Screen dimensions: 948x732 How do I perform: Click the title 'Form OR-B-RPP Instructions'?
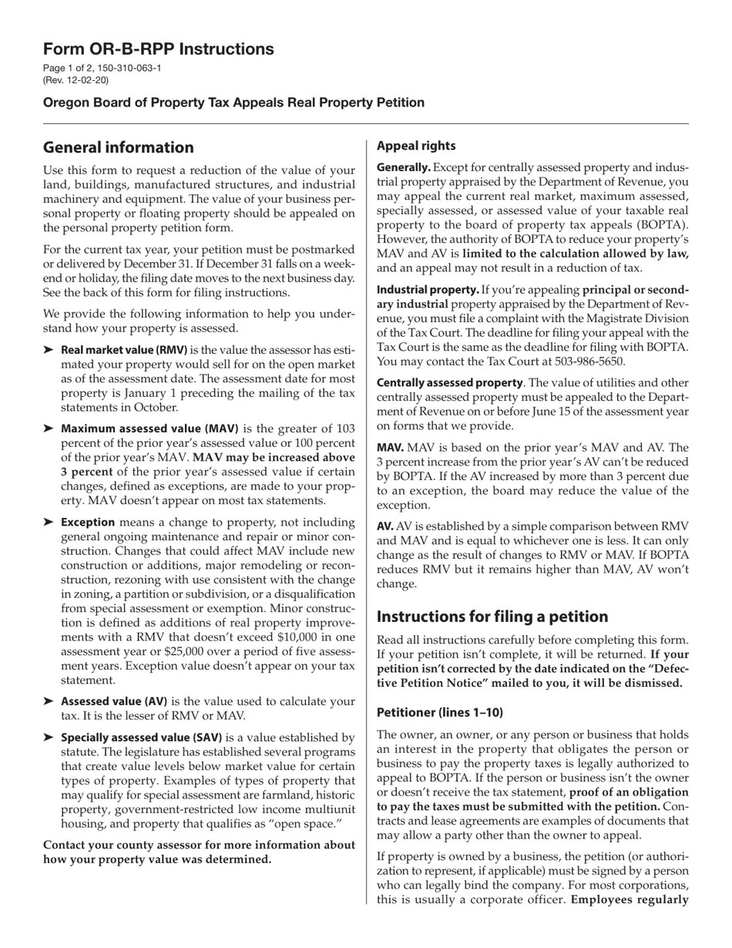point(158,49)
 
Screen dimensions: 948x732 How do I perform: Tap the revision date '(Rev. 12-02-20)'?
point(76,80)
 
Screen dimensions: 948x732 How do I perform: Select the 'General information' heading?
point(118,147)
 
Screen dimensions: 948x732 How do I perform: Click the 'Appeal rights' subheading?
point(415,146)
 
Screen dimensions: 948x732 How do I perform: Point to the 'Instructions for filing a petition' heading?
point(492,617)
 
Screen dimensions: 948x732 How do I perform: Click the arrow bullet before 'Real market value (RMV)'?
point(49,350)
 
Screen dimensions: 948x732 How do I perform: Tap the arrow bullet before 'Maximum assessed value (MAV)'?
point(49,429)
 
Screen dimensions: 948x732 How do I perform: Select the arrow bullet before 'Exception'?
point(49,523)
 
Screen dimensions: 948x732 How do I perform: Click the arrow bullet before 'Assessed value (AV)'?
point(49,701)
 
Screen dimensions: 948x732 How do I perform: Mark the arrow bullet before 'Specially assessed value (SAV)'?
point(49,738)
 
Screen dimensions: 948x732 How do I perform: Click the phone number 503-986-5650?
point(586,361)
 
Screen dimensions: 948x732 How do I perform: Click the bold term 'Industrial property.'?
point(428,290)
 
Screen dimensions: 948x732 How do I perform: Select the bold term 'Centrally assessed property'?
point(449,383)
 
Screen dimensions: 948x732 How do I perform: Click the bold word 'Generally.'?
point(403,167)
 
